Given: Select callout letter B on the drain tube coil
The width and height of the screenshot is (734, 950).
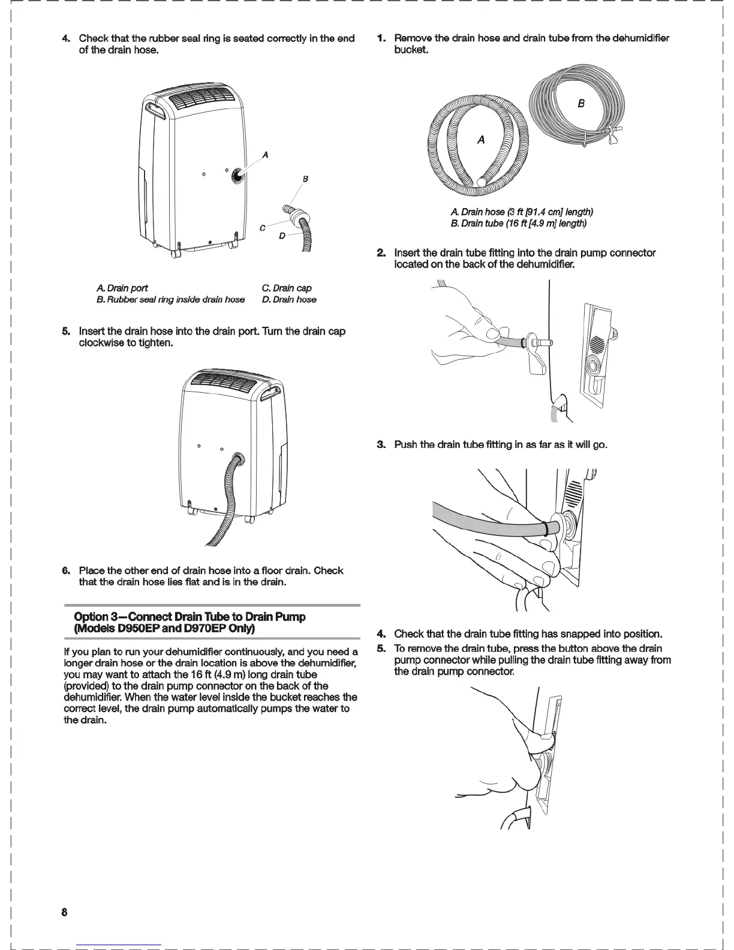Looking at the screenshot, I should (x=580, y=103).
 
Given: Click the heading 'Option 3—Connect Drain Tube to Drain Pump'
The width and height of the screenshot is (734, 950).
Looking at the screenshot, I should (x=189, y=617).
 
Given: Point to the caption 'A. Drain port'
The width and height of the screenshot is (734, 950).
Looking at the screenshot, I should (x=122, y=288).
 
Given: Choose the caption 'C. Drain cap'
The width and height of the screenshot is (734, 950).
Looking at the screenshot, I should (x=287, y=288).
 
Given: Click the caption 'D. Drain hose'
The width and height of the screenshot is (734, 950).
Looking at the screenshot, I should (x=289, y=299).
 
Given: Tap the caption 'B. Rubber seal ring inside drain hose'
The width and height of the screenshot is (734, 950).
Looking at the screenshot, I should (x=171, y=299).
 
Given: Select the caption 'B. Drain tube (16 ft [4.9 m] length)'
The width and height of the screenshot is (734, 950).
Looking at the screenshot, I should (x=518, y=223).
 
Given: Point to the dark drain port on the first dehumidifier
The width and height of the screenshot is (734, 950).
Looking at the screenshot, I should (x=237, y=176).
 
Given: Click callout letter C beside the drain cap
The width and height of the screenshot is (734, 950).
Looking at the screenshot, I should (x=262, y=227).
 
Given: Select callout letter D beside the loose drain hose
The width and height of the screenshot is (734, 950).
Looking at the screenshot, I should (x=282, y=236).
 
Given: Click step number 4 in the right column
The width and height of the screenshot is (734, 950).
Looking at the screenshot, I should (x=381, y=634).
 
